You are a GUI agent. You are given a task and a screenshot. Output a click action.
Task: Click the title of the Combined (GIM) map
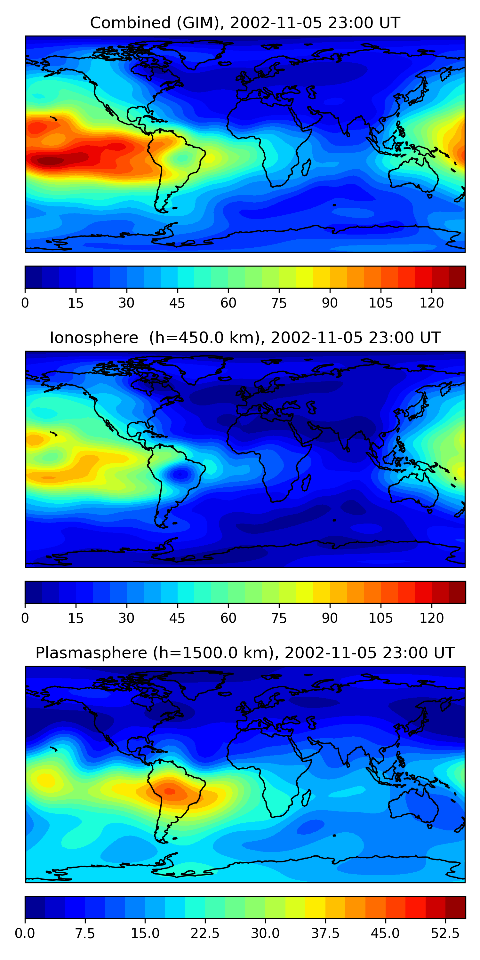245,23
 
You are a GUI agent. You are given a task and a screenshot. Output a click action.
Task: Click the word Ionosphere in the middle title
94,338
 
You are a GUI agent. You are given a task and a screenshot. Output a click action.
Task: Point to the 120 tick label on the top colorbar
432,303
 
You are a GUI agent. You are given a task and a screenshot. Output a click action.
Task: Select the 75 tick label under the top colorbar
279,303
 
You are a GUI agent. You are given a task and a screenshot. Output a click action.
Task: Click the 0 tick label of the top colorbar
25,303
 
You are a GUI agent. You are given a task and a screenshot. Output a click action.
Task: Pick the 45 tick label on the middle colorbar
177,618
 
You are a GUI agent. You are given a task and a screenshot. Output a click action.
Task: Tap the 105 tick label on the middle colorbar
380,618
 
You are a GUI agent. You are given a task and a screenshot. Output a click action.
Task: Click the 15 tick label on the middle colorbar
76,618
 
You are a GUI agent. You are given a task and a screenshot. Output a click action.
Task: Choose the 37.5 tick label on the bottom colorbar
325,933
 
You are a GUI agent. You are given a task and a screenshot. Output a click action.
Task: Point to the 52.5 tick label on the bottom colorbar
445,933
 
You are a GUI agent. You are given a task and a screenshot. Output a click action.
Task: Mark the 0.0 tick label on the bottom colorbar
25,933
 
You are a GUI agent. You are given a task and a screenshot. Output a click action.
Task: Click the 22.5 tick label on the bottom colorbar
205,933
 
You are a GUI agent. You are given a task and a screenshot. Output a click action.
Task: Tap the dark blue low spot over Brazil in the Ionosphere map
181,474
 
